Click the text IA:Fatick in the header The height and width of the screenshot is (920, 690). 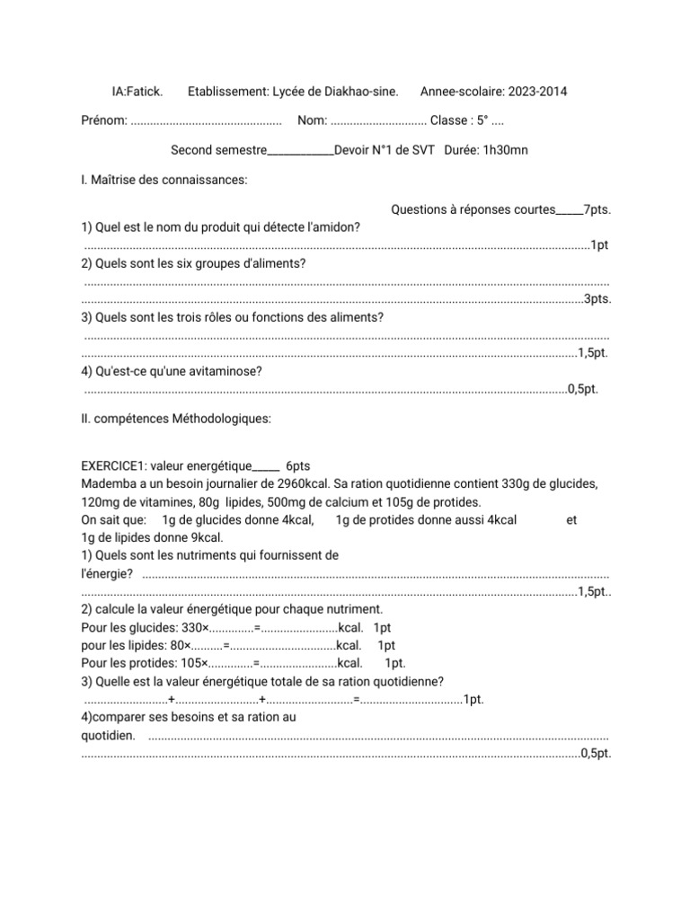click(x=137, y=92)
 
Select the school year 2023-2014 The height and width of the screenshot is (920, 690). click(x=537, y=92)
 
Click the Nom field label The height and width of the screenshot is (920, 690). click(x=311, y=120)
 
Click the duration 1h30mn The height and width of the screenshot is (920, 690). click(x=505, y=150)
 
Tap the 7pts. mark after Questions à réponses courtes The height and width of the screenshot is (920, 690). click(x=597, y=209)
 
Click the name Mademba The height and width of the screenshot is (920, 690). click(x=107, y=483)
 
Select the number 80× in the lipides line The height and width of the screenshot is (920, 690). click(x=181, y=645)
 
